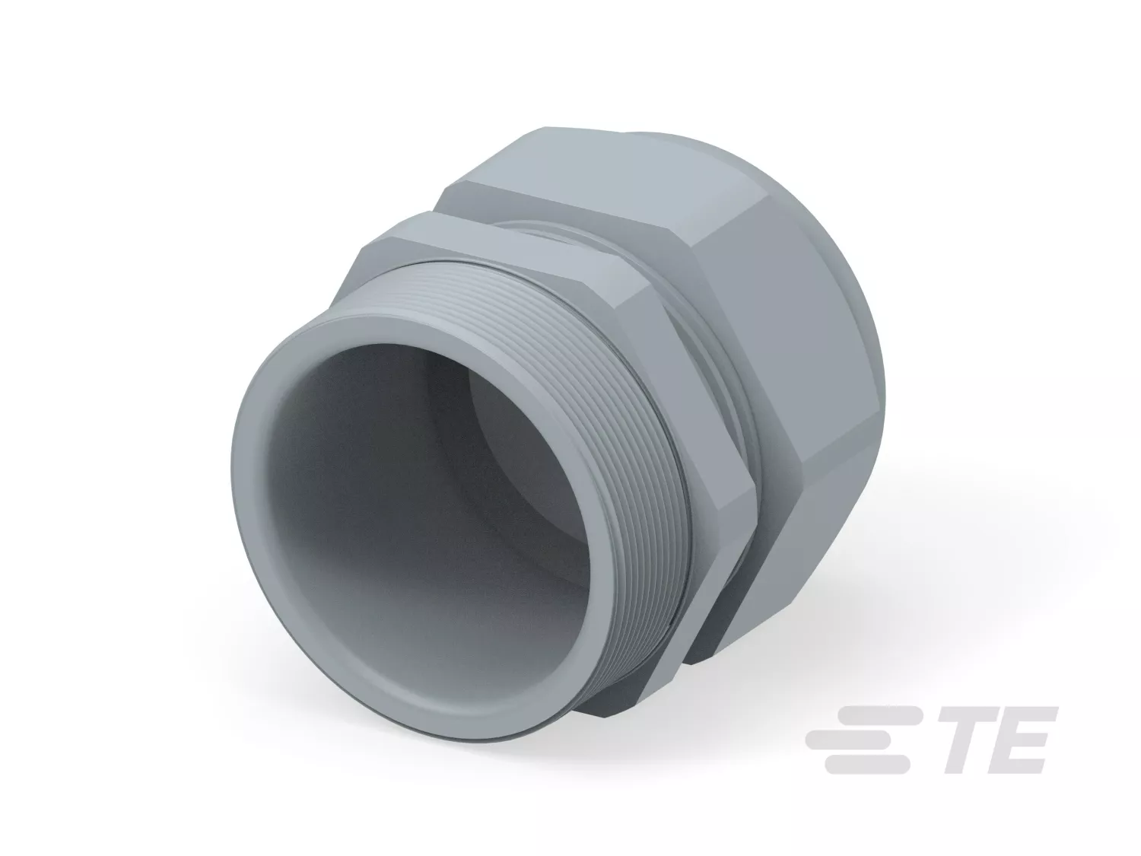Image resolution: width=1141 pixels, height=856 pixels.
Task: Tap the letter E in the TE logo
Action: click(1018, 740)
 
